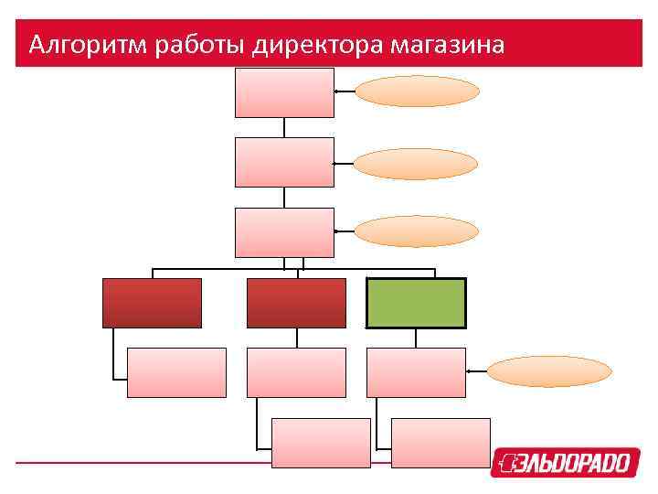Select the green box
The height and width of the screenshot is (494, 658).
coord(416,303)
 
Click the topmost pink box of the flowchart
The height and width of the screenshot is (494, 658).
coord(284,92)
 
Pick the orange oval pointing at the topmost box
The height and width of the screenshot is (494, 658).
coord(417,91)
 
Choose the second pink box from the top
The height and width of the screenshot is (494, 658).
coord(284,162)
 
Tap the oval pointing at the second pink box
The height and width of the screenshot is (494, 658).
coord(416,164)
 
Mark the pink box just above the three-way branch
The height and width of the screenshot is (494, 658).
coord(284,232)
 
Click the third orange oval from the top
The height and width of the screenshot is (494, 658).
coord(416,231)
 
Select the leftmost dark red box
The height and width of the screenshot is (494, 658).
coord(152,303)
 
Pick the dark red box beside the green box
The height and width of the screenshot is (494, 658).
coord(296,303)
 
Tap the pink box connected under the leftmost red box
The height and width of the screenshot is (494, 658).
coord(176,372)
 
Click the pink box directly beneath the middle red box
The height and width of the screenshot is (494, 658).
coord(296,372)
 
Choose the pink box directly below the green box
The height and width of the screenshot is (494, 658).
coord(416,372)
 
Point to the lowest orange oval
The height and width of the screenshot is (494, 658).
coord(548,371)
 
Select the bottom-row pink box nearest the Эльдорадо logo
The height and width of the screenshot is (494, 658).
coord(440,443)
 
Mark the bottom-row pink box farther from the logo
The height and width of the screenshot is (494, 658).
coord(321,443)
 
